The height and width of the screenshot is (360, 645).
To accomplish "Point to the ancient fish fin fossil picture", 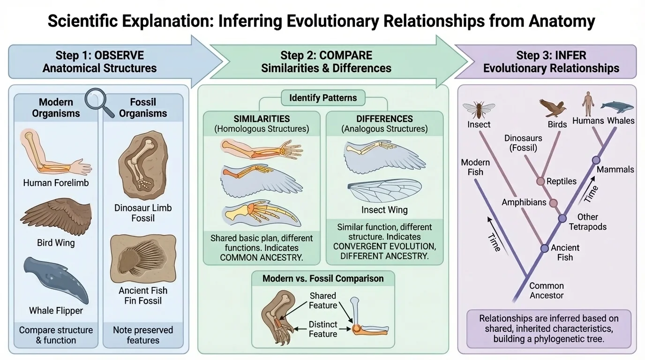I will (x=142, y=258).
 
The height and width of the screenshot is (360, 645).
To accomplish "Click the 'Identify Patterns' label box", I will (x=323, y=98).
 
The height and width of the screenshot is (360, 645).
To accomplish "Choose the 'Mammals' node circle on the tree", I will (x=596, y=160).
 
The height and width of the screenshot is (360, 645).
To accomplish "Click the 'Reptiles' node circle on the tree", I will (x=540, y=181).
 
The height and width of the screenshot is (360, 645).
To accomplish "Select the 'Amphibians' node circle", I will (x=553, y=203).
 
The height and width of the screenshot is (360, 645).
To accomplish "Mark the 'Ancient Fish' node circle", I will (x=544, y=248).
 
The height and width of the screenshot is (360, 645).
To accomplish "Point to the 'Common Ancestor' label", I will (x=547, y=291).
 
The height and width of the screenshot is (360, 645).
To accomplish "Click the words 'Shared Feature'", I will (x=322, y=300).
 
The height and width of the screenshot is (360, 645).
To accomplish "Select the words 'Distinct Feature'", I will (x=322, y=329).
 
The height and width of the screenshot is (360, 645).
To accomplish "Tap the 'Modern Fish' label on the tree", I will (x=475, y=167).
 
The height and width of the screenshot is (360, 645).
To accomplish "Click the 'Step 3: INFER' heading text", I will (x=551, y=55).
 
